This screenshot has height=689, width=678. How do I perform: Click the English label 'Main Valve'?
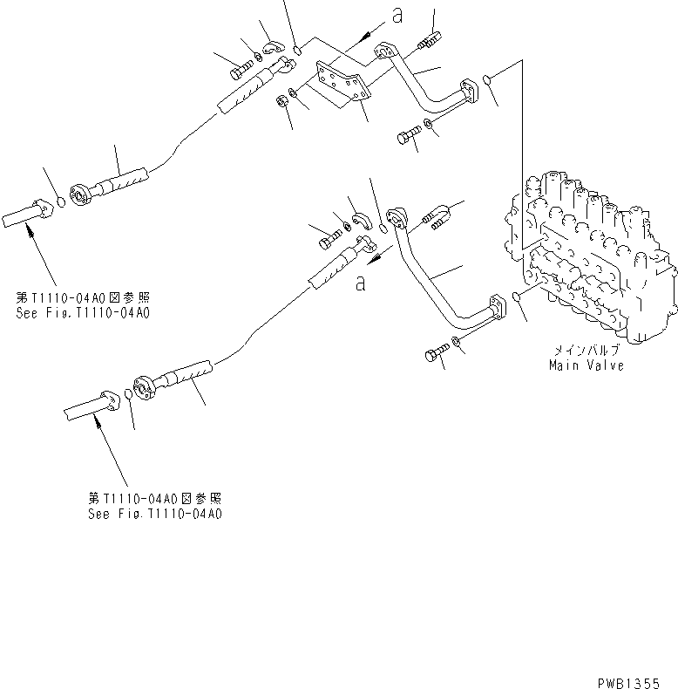click(x=586, y=365)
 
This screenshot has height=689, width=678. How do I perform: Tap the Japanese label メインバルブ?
click(x=586, y=351)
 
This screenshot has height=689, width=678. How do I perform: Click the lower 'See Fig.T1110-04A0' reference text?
click(x=155, y=514)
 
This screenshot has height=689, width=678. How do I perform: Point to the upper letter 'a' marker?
click(x=397, y=15)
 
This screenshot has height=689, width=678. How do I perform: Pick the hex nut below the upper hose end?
click(x=283, y=102)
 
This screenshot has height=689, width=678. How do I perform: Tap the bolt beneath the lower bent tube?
click(x=435, y=354)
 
